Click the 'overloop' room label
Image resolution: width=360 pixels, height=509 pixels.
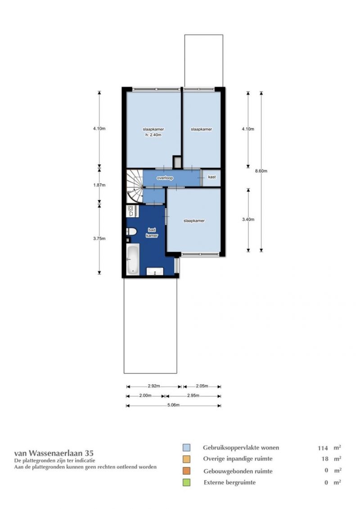[165, 178]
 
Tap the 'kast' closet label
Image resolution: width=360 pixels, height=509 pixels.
[211, 177]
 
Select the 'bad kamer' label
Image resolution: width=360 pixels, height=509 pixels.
[152, 233]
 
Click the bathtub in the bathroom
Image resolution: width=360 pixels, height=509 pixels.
[132, 259]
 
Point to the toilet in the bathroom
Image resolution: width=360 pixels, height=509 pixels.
[131, 231]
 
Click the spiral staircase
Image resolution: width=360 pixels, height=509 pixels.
[135, 186]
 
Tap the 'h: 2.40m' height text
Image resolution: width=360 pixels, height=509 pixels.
[153, 135]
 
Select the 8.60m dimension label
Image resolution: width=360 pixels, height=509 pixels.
[261, 171]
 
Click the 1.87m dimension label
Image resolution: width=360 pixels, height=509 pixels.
[99, 185]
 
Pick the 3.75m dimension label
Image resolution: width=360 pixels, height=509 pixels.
[99, 238]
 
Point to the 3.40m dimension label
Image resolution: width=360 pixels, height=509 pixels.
[248, 220]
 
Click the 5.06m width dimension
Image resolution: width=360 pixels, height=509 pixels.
[173, 405]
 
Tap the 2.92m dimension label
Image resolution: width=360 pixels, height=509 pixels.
[154, 386]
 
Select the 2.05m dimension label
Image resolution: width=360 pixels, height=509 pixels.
[202, 386]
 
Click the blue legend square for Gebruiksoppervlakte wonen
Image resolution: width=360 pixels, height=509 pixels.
[186, 448]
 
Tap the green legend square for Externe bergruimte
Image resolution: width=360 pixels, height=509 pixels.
[186, 482]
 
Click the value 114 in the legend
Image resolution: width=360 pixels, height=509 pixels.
[323, 448]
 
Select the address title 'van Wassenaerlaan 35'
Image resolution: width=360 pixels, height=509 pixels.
[54, 453]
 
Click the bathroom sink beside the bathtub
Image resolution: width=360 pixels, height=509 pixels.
[155, 271]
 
